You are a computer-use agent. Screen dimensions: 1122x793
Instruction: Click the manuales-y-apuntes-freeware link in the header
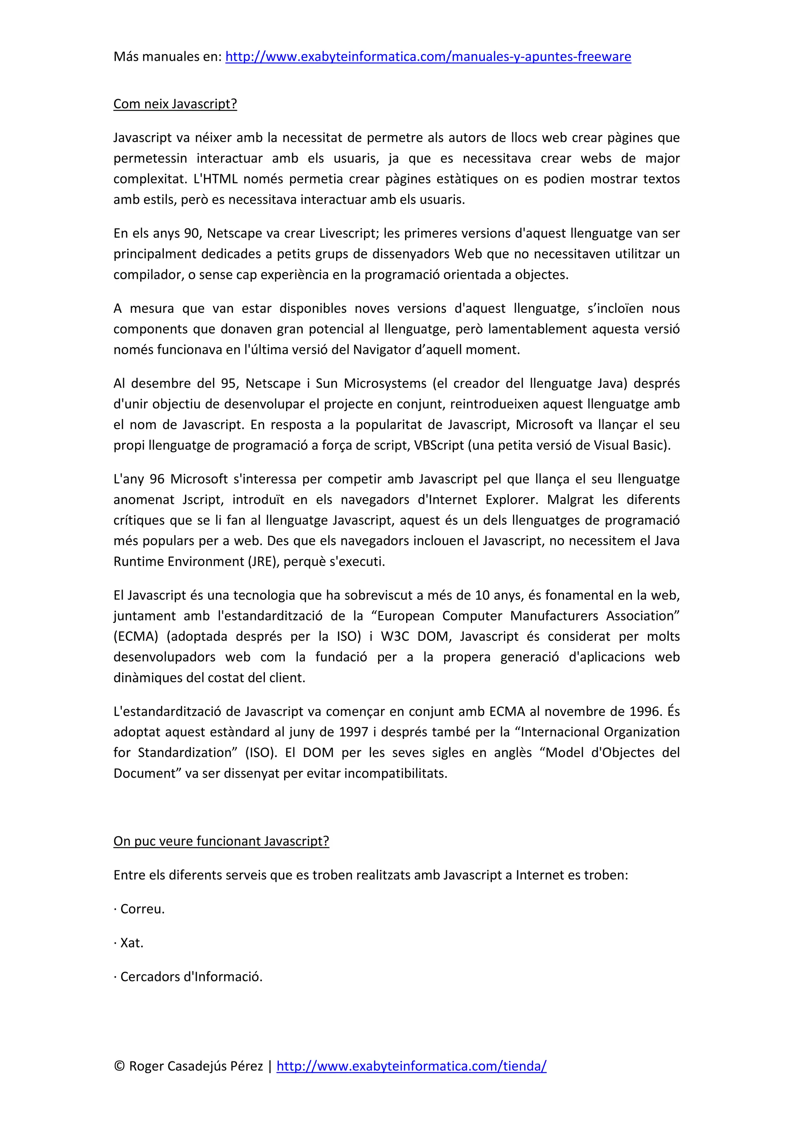click(427, 57)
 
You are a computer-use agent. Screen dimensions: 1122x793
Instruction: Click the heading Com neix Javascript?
click(175, 104)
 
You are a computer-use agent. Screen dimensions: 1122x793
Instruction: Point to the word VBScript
click(439, 445)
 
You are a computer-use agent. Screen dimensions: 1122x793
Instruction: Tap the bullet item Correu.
click(142, 909)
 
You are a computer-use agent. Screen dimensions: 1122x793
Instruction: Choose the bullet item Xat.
click(131, 943)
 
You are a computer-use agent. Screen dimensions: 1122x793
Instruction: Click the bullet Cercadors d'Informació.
click(191, 976)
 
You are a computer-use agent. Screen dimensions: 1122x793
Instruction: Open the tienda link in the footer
click(411, 1066)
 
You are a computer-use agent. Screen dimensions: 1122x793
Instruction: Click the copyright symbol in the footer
click(119, 1066)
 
